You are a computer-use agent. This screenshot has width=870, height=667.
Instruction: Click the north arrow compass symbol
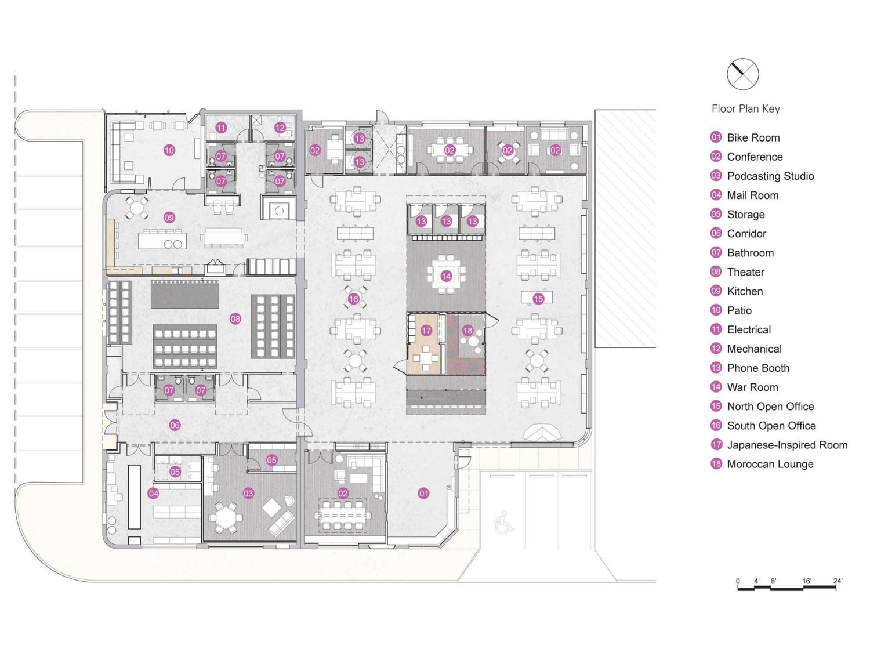point(742,74)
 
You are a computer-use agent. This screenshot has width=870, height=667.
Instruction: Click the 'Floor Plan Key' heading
point(745,109)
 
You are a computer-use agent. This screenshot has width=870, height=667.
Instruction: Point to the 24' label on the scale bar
point(838,581)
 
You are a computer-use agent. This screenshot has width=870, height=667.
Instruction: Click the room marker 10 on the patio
point(169,151)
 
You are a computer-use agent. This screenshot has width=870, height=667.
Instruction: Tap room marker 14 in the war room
point(446,276)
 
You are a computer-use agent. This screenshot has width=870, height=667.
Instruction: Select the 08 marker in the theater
point(235,318)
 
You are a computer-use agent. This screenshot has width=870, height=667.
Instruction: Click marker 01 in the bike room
point(423,494)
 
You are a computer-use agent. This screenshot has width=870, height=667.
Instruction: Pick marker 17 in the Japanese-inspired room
point(426,330)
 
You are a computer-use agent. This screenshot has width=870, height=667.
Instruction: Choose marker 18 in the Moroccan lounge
point(467,330)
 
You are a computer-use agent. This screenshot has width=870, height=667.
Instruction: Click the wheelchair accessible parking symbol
point(504,523)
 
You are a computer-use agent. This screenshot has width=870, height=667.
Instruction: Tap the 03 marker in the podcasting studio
point(248,494)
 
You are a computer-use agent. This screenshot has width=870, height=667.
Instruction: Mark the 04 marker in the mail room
point(153,494)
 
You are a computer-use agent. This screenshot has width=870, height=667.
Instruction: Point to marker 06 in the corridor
point(175,425)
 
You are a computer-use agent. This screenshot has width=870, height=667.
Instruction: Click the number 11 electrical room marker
point(221,128)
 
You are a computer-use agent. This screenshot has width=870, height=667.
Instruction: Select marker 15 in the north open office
point(538,298)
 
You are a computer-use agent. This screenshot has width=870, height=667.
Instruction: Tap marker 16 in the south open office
point(354,299)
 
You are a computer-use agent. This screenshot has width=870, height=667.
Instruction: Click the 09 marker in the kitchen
point(169,217)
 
